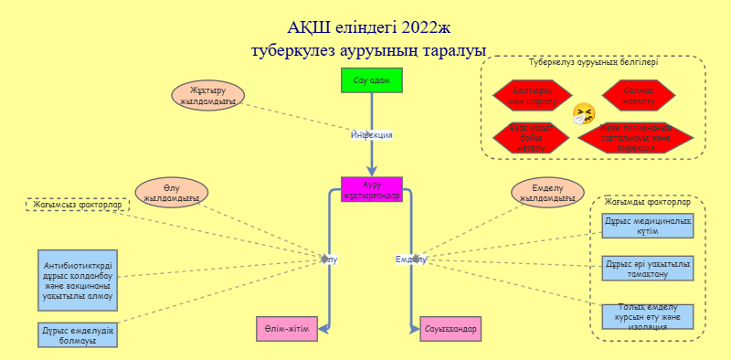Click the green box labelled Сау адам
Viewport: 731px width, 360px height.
coord(371,80)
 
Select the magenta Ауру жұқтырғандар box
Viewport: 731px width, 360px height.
coord(371,189)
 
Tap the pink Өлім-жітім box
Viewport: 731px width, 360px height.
coord(287,328)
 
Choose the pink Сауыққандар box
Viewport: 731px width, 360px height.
coord(450,328)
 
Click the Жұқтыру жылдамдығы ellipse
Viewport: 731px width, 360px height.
coord(208,96)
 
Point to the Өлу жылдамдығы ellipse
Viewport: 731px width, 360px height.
coord(172,193)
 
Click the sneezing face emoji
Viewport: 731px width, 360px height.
coord(583,114)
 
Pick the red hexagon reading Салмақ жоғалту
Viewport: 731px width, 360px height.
coord(638,94)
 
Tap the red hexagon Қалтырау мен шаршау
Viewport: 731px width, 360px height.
coord(532,94)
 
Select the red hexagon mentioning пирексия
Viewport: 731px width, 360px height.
coord(636,138)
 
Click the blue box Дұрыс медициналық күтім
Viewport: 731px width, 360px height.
coord(648,226)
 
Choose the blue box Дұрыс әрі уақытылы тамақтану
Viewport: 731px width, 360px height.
coord(648,268)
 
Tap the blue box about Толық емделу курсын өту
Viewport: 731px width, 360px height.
coord(648,316)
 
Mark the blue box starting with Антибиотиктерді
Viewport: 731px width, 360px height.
coord(77,280)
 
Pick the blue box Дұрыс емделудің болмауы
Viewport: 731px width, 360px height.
coord(77,334)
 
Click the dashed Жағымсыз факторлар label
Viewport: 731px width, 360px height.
coord(77,206)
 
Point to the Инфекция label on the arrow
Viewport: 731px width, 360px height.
coord(372,135)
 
